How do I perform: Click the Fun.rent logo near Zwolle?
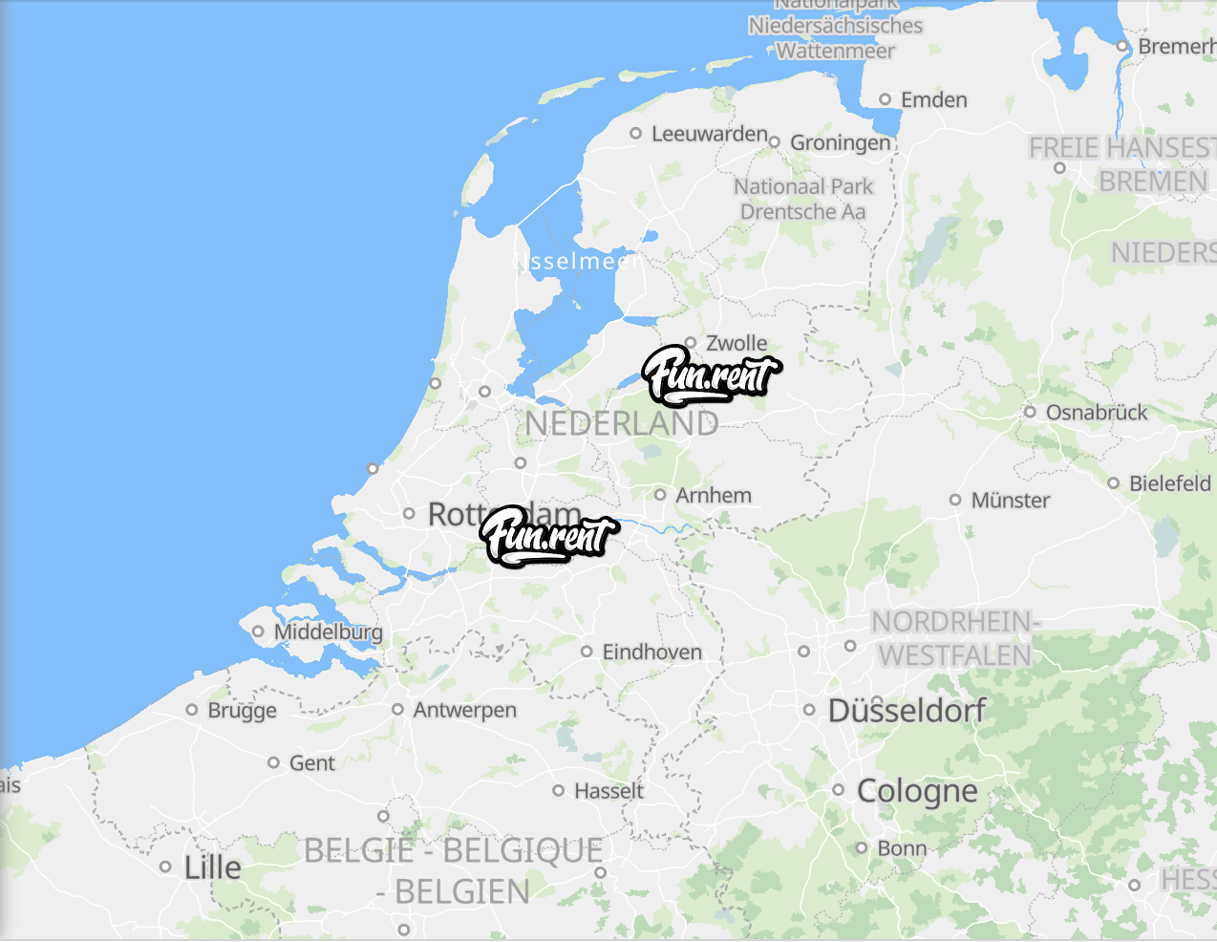[711, 375]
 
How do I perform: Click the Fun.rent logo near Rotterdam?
[548, 536]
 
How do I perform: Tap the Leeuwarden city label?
[709, 134]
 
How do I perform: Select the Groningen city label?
[840, 143]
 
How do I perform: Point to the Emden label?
[933, 99]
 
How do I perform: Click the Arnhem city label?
[713, 495]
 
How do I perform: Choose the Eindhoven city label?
[651, 652]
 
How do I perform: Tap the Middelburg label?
[328, 632]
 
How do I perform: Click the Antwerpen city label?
[464, 710]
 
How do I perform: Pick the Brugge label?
[242, 710]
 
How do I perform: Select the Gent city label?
[311, 762]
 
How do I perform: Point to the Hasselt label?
[608, 790]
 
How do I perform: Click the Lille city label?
[212, 867]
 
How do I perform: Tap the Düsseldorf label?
[907, 710]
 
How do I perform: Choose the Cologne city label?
[917, 790]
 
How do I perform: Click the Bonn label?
[901, 848]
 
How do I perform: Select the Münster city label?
[1010, 500]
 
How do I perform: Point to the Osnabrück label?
[1096, 412]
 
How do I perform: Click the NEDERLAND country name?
[621, 423]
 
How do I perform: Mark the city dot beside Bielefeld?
[1113, 483]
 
